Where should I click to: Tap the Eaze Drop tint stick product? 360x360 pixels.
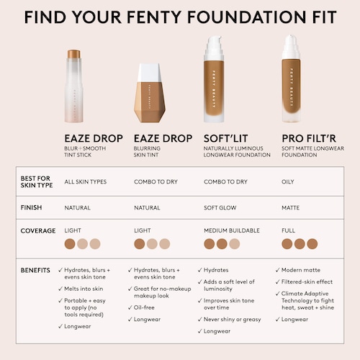74,86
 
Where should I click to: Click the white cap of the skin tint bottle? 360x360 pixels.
149,73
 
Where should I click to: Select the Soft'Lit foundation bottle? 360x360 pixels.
214,79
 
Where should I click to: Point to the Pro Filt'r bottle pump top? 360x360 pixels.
291,47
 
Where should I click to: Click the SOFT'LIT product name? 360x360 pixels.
225,138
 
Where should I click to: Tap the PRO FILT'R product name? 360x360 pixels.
309,138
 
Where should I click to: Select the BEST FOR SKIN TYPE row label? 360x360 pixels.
37,181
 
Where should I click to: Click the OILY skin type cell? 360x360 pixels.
288,181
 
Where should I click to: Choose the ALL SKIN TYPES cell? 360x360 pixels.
86,181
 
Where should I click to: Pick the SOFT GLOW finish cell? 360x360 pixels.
220,207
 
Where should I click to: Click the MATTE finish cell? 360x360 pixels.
290,207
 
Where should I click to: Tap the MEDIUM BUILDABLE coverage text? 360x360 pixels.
232,230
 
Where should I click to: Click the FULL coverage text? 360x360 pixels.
288,230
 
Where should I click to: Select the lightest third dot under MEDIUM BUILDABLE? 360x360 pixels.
235,244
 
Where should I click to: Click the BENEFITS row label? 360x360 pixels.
35,270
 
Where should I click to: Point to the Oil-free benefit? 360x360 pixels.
144,307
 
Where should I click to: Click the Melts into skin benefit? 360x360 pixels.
84,289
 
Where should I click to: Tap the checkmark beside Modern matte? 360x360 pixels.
277,270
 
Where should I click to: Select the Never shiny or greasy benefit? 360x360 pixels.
232,320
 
